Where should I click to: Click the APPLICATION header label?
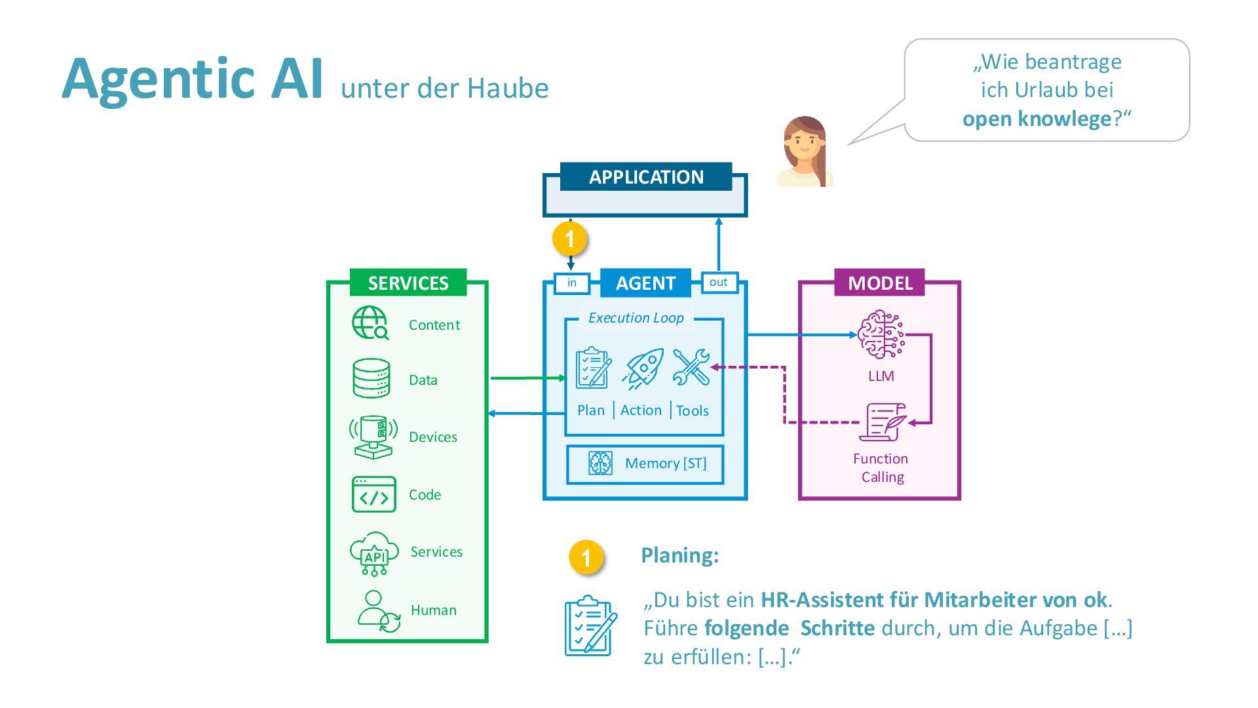point(645,177)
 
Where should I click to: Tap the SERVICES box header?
point(408,283)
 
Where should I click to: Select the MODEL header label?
point(879,283)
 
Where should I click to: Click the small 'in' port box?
point(572,283)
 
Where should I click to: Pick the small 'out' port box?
point(719,282)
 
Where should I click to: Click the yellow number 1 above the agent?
point(569,239)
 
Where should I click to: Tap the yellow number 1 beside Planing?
point(586,557)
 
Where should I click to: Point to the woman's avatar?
point(805,152)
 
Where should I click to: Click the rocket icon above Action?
point(643,369)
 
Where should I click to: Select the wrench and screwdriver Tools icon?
point(691,367)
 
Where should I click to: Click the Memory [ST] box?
point(645,464)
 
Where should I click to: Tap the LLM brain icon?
point(881,335)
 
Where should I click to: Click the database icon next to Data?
point(372,378)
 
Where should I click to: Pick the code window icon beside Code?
point(373,494)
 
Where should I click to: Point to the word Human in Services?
point(433,610)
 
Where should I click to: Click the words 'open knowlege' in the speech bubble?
point(1037,119)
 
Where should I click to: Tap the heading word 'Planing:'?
point(679,555)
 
